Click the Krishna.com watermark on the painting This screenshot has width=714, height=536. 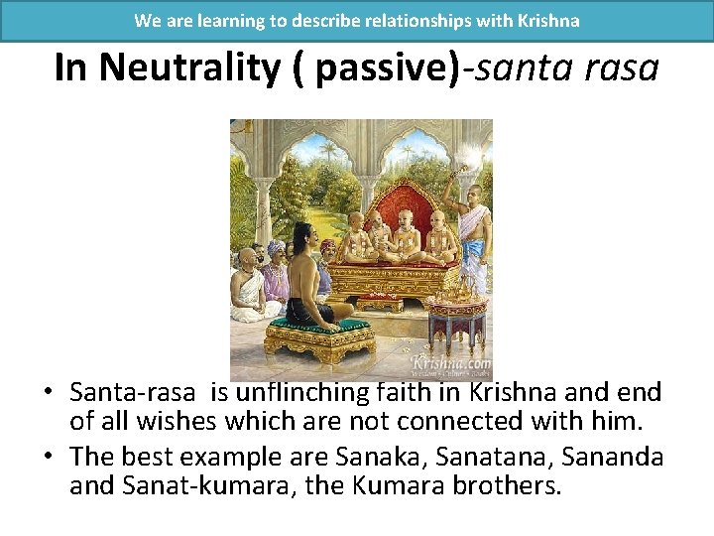452,363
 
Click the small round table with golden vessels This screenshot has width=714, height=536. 457,308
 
